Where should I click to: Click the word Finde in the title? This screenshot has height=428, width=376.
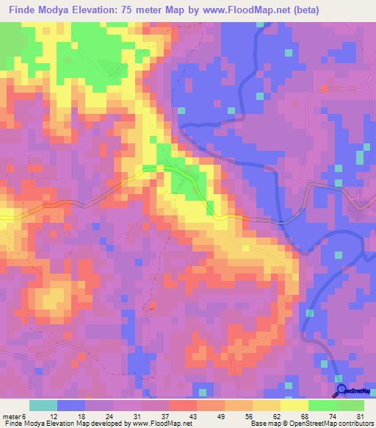tap(23, 10)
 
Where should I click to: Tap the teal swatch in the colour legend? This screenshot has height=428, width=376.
tap(43, 405)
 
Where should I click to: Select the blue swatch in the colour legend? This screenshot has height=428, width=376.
tap(71, 405)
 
